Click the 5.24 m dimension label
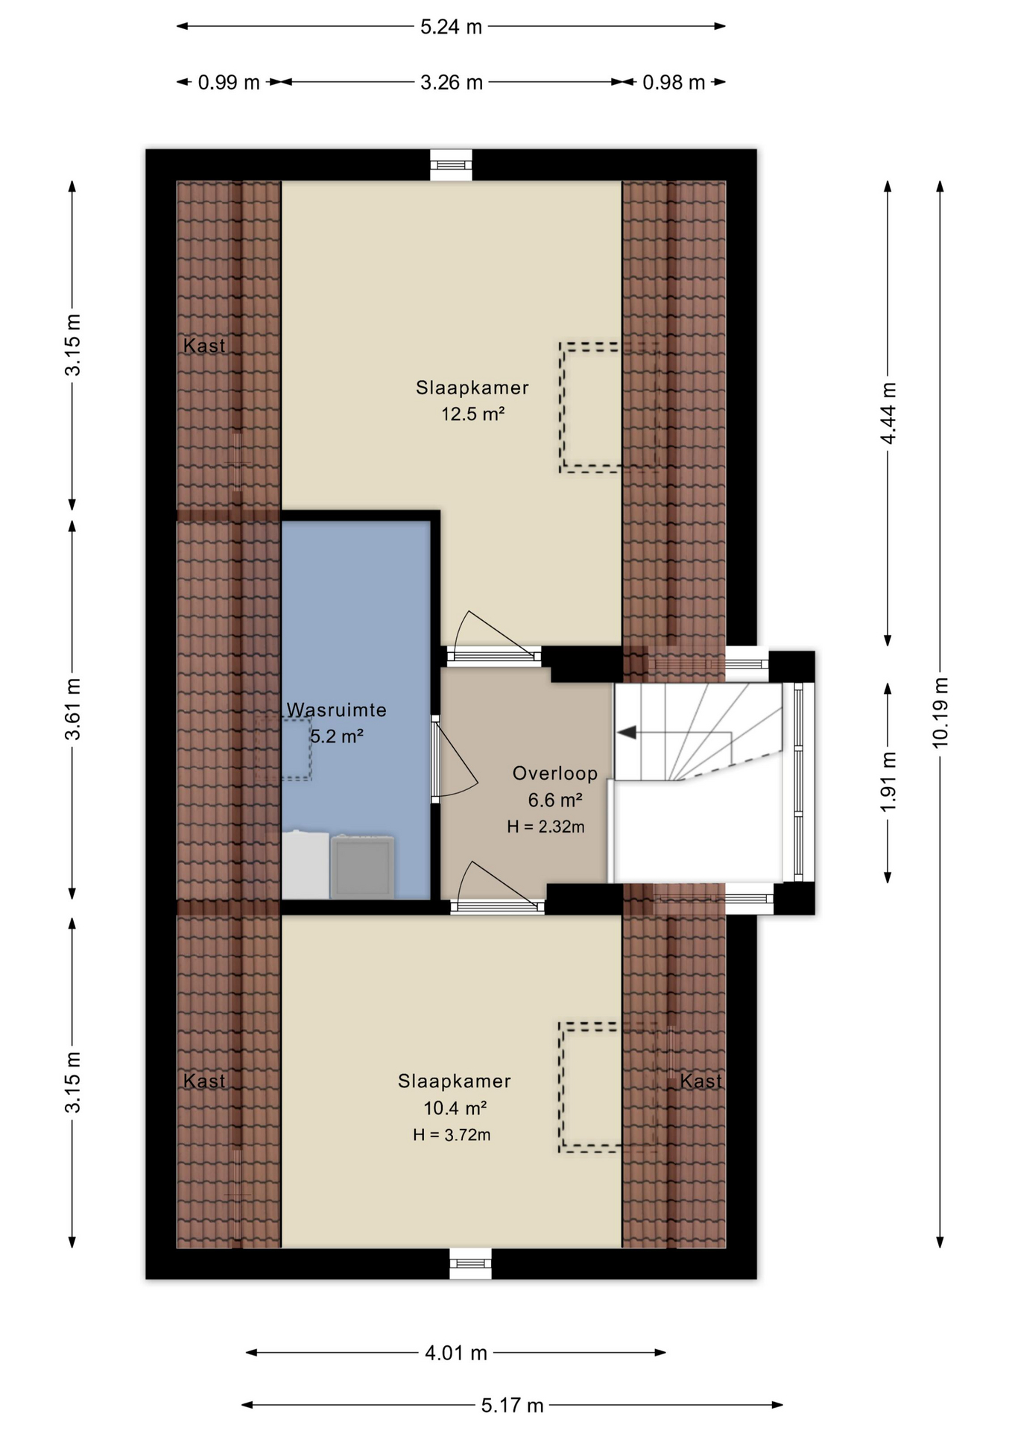tap(451, 27)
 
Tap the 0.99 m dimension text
tap(229, 82)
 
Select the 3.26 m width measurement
tap(452, 82)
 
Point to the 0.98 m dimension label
tap(674, 82)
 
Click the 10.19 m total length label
tap(940, 713)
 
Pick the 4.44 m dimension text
tap(888, 414)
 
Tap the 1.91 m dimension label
tap(888, 783)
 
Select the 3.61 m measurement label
tap(72, 710)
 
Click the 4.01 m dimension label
tap(456, 1353)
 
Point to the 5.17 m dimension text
tap(512, 1406)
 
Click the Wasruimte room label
tap(337, 710)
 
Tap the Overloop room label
tap(555, 774)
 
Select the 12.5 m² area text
tap(473, 414)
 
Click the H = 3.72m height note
tap(452, 1135)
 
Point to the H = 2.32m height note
tap(545, 827)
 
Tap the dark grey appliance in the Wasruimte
tap(363, 867)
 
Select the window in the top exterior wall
tap(451, 165)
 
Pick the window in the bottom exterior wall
tap(470, 1263)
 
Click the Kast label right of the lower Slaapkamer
tap(701, 1081)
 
